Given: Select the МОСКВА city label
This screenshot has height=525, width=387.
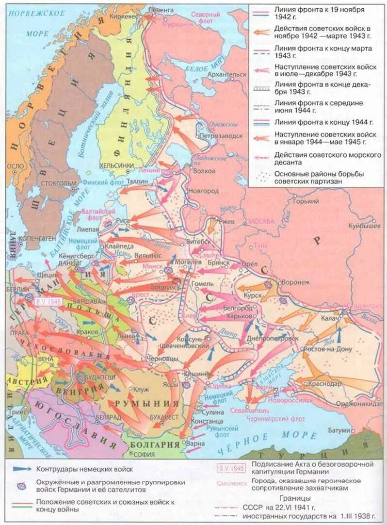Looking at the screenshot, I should pos(261,221).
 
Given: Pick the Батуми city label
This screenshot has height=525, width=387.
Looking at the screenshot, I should pos(339,430).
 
